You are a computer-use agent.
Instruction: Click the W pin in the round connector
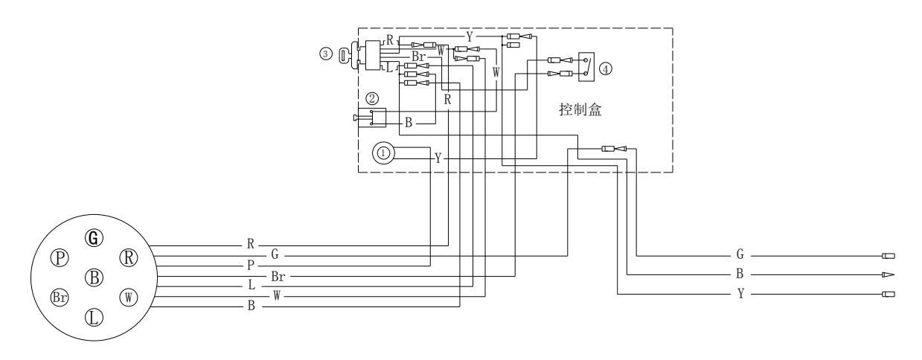(x=128, y=297)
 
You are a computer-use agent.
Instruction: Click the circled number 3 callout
(x=324, y=54)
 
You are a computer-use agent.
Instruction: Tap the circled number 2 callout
(x=373, y=97)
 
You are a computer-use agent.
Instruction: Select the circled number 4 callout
(x=606, y=68)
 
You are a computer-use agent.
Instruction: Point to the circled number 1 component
(x=384, y=152)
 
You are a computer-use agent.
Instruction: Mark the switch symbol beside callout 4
(x=588, y=66)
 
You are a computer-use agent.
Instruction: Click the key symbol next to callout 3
(x=344, y=55)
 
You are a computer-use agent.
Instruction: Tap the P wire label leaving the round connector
(x=251, y=264)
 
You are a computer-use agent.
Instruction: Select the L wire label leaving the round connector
(x=251, y=286)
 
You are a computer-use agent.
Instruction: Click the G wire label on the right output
(x=740, y=254)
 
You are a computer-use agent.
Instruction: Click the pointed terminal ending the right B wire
(x=887, y=275)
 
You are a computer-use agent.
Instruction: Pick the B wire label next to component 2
(x=408, y=123)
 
